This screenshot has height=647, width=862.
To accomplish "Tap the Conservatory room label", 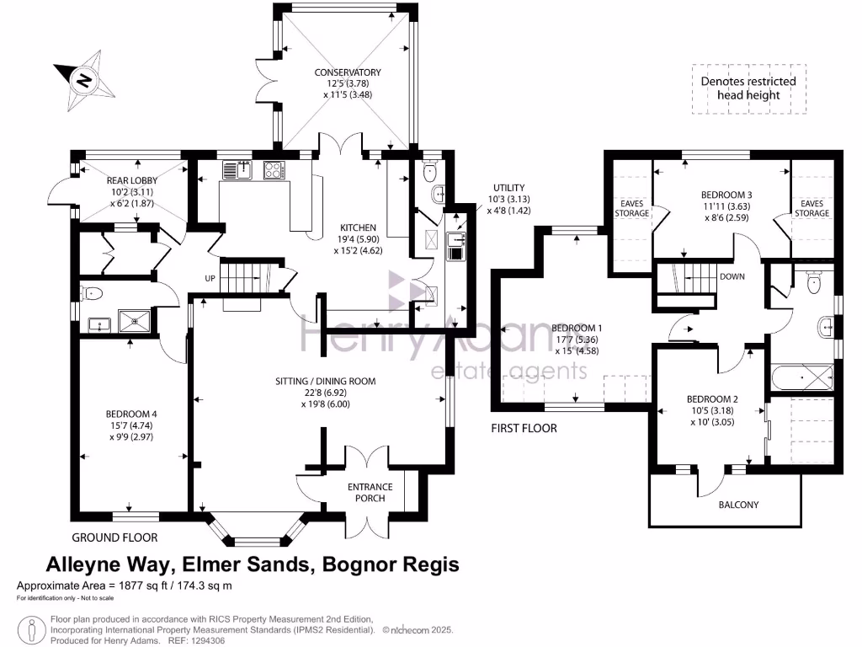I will point(348,83).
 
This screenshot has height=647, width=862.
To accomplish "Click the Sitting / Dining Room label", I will point(325,392).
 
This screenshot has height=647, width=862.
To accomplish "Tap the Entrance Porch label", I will point(370,492).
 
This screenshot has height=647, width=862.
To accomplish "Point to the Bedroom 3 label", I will point(726,205).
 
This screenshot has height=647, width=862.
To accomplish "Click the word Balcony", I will point(738,505).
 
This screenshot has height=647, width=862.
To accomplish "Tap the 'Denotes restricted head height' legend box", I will point(748,88).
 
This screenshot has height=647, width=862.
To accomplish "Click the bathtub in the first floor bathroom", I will point(800,378).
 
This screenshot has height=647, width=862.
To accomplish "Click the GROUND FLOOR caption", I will point(114,537).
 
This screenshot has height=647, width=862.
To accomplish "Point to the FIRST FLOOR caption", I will point(524,428).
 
